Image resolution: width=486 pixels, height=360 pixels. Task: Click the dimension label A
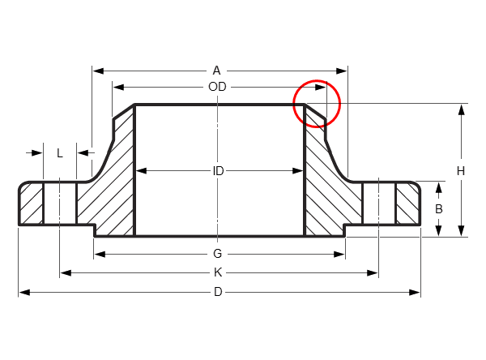pyautogui.click(x=216, y=71)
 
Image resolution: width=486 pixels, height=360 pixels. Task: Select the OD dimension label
pyautogui.click(x=217, y=87)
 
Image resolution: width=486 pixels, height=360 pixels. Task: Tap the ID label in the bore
pyautogui.click(x=218, y=171)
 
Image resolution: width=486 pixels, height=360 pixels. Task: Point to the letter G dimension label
pyautogui.click(x=218, y=254)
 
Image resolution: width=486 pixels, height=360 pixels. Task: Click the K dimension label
pyautogui.click(x=218, y=272)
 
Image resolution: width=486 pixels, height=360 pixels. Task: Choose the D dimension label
pyautogui.click(x=218, y=292)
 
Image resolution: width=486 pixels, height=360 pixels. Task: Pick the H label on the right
pyautogui.click(x=461, y=171)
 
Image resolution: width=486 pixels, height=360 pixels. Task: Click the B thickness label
pyautogui.click(x=438, y=209)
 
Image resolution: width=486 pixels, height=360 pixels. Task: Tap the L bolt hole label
pyautogui.click(x=60, y=153)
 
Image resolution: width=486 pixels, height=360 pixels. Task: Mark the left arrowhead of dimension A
pyautogui.click(x=98, y=71)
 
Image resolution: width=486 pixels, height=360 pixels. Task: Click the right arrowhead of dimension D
pyautogui.click(x=415, y=293)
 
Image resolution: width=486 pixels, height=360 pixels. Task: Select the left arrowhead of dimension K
pyautogui.click(x=66, y=273)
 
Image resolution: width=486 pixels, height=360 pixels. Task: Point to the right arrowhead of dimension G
pyautogui.click(x=339, y=255)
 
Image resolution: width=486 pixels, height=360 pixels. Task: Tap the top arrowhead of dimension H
pyautogui.click(x=462, y=110)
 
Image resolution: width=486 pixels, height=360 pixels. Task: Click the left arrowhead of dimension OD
pyautogui.click(x=118, y=88)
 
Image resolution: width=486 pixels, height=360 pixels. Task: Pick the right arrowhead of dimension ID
pyautogui.click(x=297, y=171)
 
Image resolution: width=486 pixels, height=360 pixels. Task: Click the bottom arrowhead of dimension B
pyautogui.click(x=438, y=230)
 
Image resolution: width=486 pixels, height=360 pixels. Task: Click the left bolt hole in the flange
pyautogui.click(x=60, y=203)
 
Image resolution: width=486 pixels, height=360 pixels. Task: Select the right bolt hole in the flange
pyautogui.click(x=379, y=203)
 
